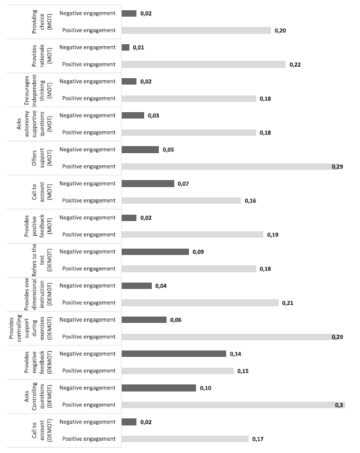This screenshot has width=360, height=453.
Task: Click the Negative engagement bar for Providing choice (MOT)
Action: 129,13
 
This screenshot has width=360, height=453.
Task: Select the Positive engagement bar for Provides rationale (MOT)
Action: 204,65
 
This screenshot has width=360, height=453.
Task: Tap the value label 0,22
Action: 295,65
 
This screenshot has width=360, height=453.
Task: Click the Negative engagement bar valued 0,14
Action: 174,354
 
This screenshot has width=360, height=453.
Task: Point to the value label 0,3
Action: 339,405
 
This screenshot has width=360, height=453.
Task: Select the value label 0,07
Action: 183,184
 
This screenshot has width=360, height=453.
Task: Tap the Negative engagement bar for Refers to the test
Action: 155,252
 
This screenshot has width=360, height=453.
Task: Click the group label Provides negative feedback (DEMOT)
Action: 38,362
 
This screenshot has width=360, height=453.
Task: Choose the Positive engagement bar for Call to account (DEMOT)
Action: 185,439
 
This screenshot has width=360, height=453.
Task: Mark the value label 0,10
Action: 206,388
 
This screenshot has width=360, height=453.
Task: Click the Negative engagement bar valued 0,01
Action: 126,47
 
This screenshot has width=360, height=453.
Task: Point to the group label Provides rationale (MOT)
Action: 42,56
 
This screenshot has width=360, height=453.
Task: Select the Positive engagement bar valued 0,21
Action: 200,303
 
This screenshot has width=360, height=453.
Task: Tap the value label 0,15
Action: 243,371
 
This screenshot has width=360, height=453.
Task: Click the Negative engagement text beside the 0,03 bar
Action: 87,115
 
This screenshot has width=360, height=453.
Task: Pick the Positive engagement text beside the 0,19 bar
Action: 88,235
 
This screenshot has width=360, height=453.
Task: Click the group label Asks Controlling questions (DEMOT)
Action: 38,397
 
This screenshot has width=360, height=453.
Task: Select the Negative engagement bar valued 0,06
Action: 144,320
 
